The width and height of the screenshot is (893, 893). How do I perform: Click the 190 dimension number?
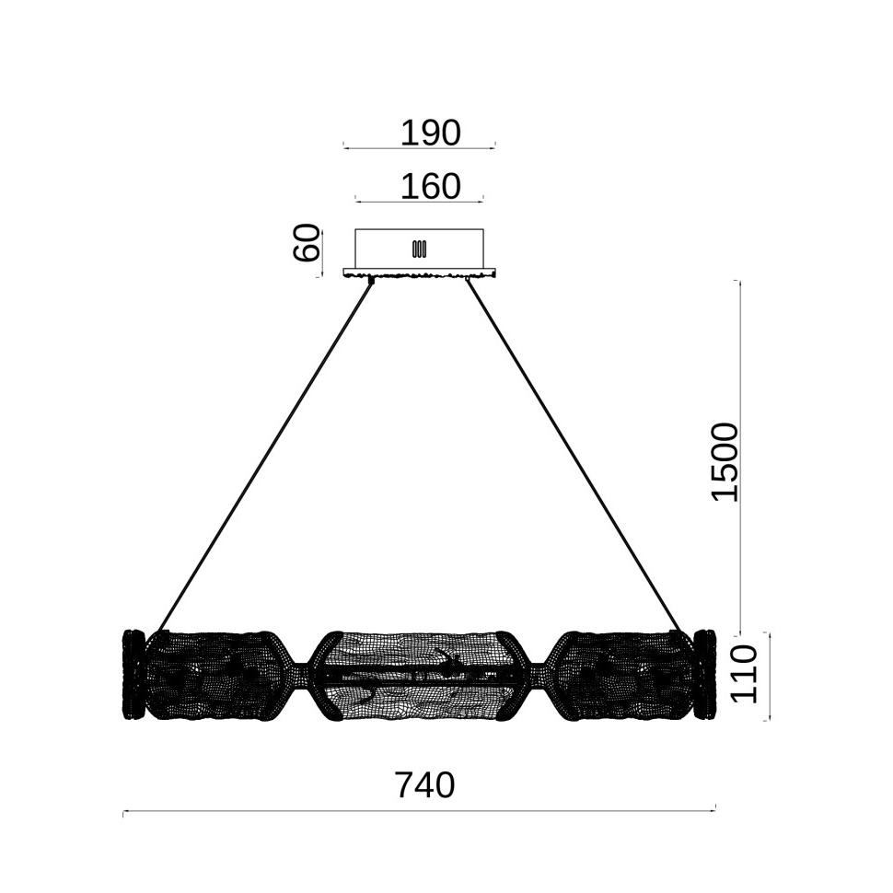[x=430, y=133]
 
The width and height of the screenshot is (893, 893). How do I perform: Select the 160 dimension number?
[x=430, y=186]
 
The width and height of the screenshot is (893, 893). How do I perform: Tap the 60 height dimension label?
[x=307, y=243]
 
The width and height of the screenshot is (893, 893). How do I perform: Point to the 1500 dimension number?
[x=725, y=462]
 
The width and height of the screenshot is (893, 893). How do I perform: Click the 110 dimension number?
[x=744, y=674]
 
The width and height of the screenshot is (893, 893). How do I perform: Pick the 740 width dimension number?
[x=424, y=785]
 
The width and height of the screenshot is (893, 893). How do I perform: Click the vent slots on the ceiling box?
[x=419, y=249]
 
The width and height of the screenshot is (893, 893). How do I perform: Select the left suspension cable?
[x=265, y=456]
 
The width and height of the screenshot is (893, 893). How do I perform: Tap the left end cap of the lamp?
[x=133, y=674]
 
